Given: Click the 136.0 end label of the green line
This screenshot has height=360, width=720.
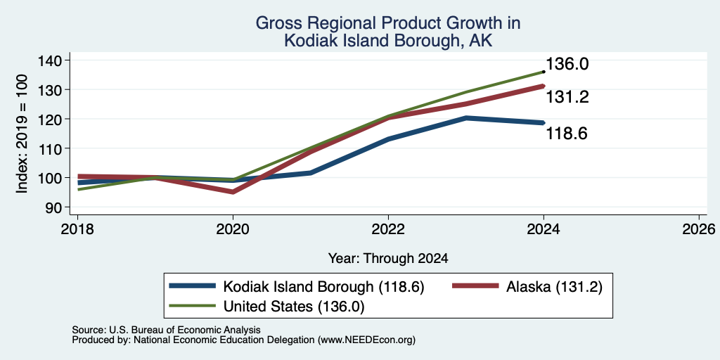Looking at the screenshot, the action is click(567, 64).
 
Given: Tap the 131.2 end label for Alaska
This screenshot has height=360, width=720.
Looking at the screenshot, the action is click(567, 97).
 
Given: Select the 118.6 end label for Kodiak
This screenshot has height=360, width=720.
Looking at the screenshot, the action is click(567, 134).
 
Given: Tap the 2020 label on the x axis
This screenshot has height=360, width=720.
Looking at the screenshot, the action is click(233, 229).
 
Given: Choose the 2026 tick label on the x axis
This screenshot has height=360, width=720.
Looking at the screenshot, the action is click(699, 229).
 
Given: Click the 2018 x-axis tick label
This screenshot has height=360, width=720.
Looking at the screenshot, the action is click(77, 229).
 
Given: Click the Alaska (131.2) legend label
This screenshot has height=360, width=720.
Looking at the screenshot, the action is click(554, 287).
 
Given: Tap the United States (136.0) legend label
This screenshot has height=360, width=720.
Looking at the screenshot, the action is click(294, 307).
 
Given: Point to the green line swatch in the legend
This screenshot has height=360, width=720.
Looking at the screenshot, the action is click(193, 305).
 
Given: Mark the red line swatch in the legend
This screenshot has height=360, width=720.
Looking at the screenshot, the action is click(475, 286).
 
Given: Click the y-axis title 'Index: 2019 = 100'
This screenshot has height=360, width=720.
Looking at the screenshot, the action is click(22, 134).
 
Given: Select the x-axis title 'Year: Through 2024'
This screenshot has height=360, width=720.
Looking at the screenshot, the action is click(388, 259).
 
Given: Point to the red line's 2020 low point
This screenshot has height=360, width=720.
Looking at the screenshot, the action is click(233, 191).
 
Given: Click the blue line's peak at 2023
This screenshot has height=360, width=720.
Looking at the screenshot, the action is click(465, 118).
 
